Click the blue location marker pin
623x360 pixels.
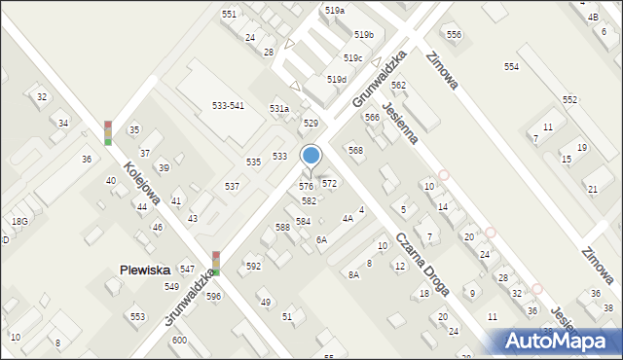[x=311, y=156]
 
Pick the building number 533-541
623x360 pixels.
[x=228, y=105]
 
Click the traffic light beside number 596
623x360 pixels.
[x=215, y=263]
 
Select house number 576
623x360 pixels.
[x=306, y=186]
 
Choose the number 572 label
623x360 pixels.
[x=330, y=183]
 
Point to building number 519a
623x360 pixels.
[x=334, y=10]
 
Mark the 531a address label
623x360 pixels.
[x=279, y=109]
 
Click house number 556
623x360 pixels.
[x=454, y=35]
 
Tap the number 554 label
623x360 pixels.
[x=511, y=66]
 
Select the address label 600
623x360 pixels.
[x=179, y=340]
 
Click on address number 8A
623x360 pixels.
[x=353, y=275]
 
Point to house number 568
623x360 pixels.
[x=355, y=150]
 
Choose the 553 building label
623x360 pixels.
[x=138, y=317]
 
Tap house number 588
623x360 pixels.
[x=282, y=227]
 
